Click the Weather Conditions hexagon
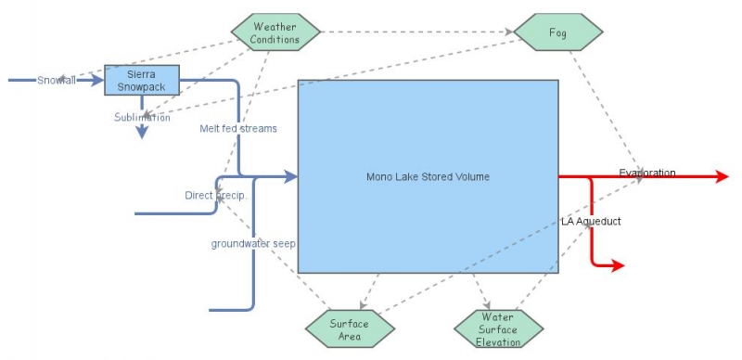click(275, 32)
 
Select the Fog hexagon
click(557, 32)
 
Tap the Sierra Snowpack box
click(140, 80)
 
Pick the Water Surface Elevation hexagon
click(498, 329)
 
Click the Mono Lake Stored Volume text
click(428, 176)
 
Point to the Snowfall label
click(57, 81)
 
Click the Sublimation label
click(142, 118)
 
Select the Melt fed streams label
click(238, 129)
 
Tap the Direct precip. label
click(214, 196)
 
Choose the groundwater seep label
click(253, 244)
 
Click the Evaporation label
click(647, 174)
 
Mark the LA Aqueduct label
click(591, 222)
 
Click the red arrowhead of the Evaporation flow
click(723, 176)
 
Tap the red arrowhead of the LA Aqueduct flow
click(618, 266)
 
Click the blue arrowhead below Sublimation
click(142, 133)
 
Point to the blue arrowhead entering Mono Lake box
click(291, 176)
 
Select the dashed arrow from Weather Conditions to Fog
click(417, 32)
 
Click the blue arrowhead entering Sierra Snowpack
click(98, 81)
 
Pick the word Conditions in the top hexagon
click(275, 39)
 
